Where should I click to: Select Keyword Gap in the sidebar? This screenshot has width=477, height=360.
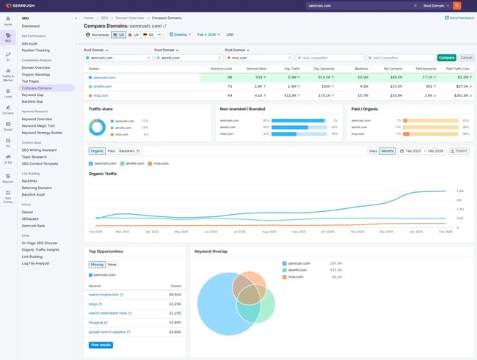34,94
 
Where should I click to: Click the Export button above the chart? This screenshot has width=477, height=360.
459,150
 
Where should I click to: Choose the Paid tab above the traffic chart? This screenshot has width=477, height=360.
111,151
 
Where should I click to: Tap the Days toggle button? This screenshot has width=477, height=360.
373,150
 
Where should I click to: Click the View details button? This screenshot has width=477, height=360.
101,345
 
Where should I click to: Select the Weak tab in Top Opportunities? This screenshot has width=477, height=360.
112,264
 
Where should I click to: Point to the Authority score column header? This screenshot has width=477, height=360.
222,68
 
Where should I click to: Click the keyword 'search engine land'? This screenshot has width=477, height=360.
104,294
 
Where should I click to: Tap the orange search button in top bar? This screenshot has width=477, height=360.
456,5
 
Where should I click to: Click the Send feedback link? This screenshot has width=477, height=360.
462,17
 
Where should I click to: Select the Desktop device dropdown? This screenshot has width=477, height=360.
180,34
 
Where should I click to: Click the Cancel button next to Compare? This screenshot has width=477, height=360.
466,57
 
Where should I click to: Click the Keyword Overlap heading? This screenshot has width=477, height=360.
211,251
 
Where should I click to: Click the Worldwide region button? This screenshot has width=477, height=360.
97,34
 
